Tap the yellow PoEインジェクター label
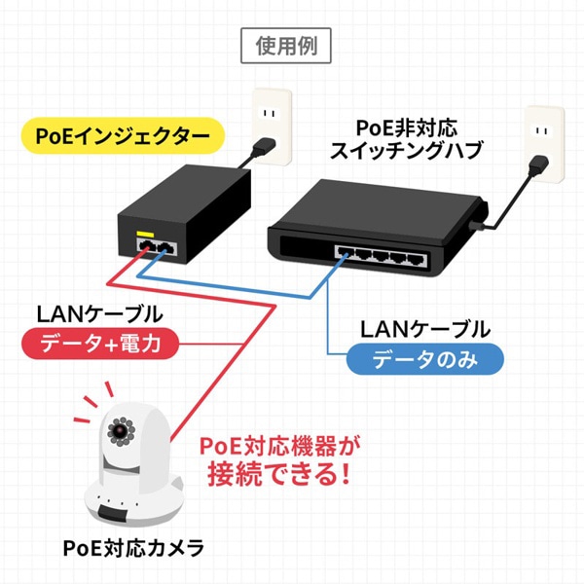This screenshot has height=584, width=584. coord(116,136)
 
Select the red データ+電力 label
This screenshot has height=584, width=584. coord(100,344)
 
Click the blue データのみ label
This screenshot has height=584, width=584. coord(425,359)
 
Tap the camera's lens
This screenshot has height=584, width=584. coord(121,429)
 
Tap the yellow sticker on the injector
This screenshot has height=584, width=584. coord(145,235)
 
